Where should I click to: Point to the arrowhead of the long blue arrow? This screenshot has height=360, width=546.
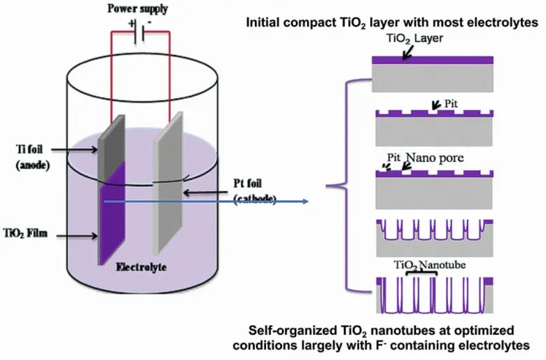(305, 202)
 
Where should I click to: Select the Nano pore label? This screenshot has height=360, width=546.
(437, 158)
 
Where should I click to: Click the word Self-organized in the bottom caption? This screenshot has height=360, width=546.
(290, 329)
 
